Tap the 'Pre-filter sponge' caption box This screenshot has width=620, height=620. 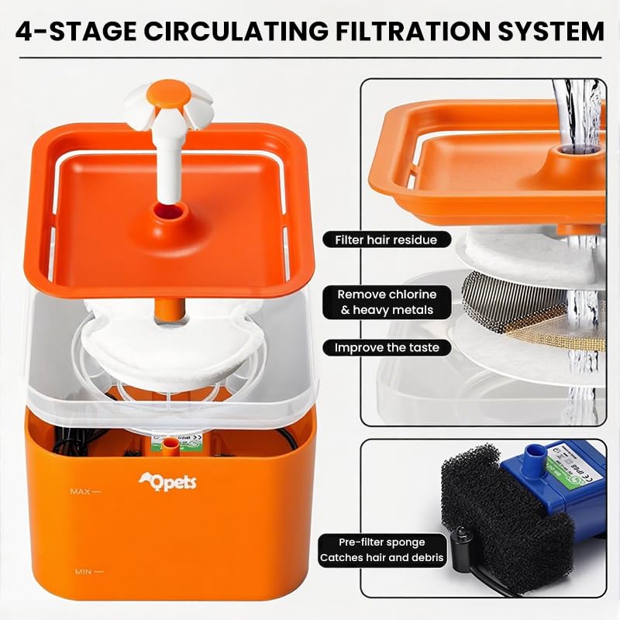pos(382,549)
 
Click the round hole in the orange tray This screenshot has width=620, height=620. pos(166,211)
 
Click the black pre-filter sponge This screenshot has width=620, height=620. pos(496,511)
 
